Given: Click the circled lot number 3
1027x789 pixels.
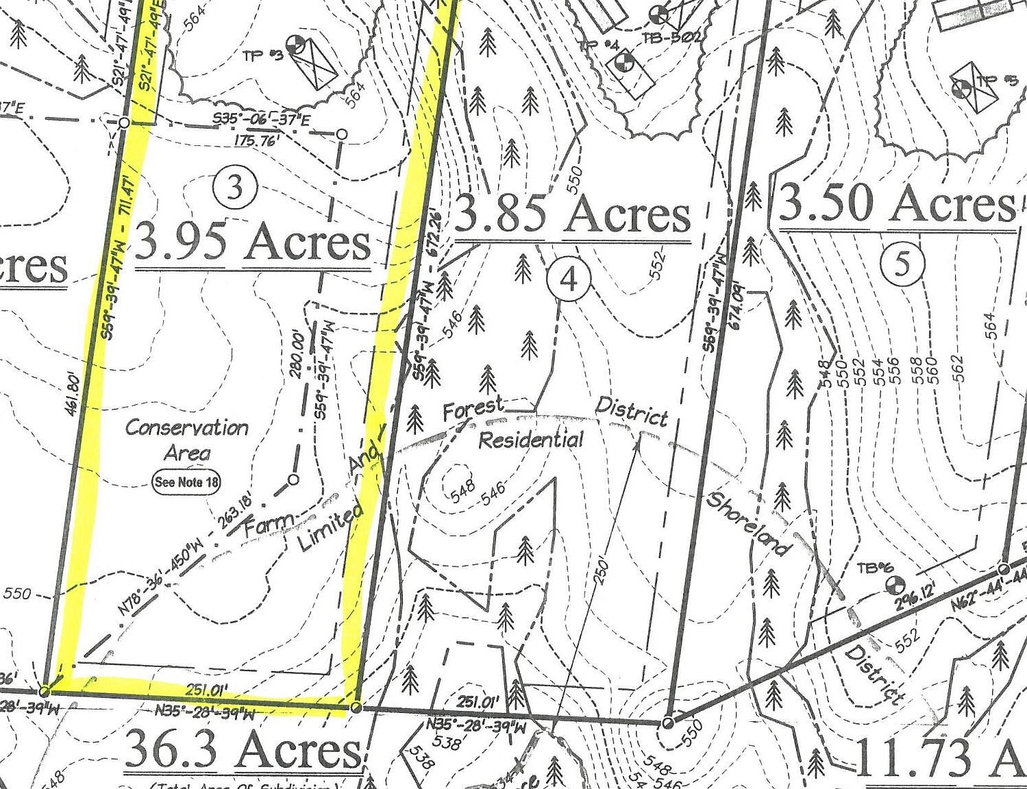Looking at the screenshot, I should point(235,187).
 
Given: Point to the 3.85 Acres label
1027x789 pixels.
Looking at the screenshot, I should point(572,214).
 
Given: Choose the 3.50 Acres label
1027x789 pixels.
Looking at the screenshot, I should point(897,203).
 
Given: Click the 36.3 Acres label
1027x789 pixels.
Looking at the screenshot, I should point(243,749).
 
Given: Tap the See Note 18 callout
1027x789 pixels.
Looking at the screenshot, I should point(186,481).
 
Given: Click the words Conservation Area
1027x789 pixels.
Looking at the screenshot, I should point(187,440).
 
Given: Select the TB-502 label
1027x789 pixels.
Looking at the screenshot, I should point(671,37).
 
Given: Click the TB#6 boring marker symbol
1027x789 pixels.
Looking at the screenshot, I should point(893,586).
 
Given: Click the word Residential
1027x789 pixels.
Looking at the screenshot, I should point(531,440).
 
